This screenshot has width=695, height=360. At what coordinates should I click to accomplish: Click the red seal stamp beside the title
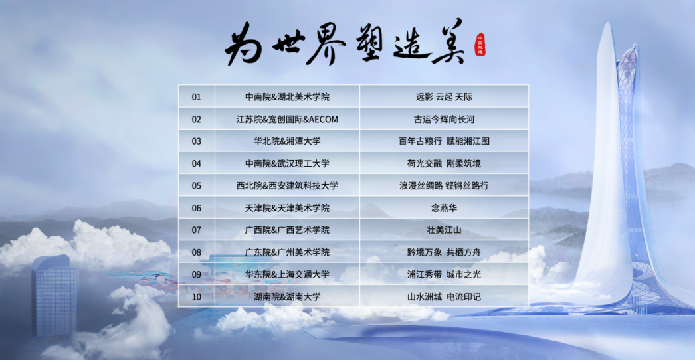coord(480,45)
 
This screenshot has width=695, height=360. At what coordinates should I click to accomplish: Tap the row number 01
coord(197,97)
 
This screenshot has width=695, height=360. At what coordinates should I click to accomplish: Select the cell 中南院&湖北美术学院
coord(287,97)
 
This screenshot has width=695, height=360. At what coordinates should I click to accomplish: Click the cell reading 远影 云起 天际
coord(444,97)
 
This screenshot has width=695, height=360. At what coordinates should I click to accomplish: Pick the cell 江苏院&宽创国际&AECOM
coord(287,119)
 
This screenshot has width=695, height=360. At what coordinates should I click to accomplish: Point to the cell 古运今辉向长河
coord(444,119)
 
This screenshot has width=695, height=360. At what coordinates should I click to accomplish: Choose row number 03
coord(197,141)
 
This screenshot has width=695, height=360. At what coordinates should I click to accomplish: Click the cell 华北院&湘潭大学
coord(287,141)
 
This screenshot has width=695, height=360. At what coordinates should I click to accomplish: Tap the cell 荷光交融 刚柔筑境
coord(444,163)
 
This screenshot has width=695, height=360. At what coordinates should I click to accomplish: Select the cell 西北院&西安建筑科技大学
coord(287,186)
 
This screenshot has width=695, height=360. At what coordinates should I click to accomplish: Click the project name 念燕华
coord(444,208)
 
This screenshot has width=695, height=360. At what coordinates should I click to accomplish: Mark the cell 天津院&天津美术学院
coord(287,208)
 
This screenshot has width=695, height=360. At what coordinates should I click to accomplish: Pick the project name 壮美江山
coord(444,230)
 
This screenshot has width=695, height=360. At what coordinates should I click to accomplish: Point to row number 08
coord(197,252)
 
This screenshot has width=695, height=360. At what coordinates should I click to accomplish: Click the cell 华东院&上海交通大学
coord(287,274)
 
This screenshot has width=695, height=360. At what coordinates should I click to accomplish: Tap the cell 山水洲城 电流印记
coord(444,297)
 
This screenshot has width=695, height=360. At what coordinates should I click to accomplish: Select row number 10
coord(197,297)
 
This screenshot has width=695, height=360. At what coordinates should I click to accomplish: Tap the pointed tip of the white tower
coord(607,23)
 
